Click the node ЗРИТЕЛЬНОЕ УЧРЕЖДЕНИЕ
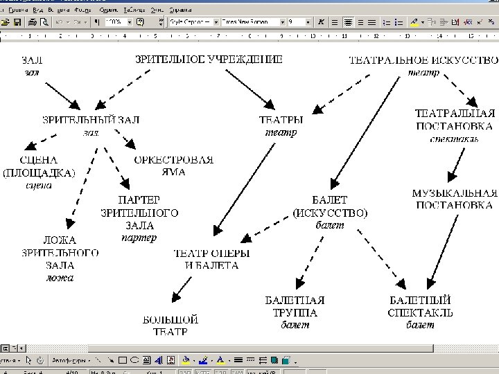click(209, 60)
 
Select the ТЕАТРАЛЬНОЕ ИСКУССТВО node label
click(423, 60)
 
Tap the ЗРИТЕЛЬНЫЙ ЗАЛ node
click(91, 120)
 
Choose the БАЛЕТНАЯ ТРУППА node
click(295, 307)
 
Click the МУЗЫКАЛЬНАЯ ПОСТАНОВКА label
click(455, 199)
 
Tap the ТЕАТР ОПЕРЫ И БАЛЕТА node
click(206, 259)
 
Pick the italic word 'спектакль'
click(454, 138)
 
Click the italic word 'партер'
click(139, 238)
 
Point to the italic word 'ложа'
click(60, 278)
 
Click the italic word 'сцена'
click(39, 185)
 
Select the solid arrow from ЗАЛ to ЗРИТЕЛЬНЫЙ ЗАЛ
click(63, 96)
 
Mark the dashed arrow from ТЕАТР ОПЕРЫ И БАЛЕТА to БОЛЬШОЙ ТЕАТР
click(183, 286)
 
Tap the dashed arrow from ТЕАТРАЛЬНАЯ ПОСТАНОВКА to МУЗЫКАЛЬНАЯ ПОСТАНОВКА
click(455, 164)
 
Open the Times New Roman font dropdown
click(253, 22)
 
